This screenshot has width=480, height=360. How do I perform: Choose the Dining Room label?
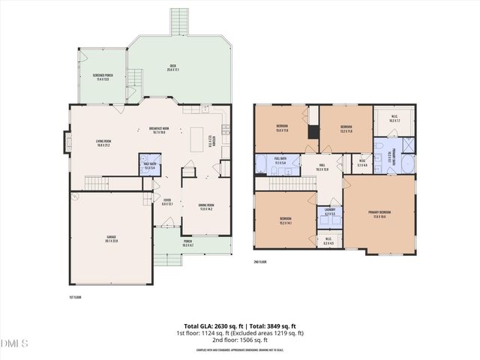click(x=206, y=208)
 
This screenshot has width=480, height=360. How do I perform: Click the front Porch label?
click(x=187, y=244)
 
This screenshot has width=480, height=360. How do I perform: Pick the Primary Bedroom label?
click(x=379, y=214)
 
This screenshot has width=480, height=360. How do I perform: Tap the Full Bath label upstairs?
click(x=280, y=160)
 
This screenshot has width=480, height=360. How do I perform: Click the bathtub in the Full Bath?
click(x=265, y=165)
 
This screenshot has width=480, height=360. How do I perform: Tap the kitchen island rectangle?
click(x=197, y=140)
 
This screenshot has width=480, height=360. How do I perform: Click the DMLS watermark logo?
click(x=15, y=343)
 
